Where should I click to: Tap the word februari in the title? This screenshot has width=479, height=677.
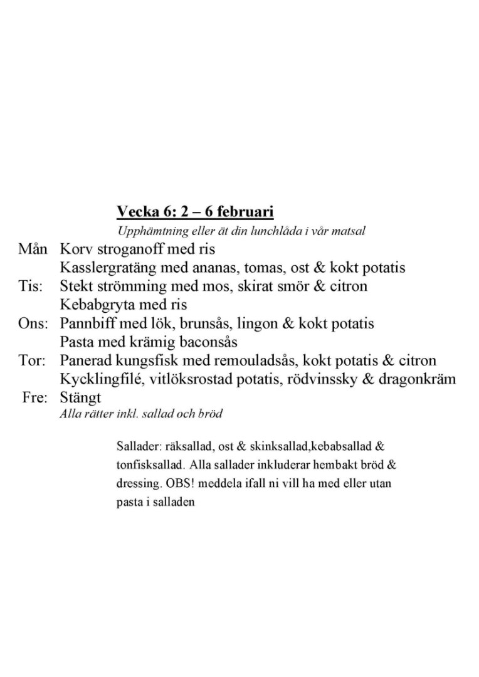(243, 211)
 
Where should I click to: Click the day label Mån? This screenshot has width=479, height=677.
(33, 249)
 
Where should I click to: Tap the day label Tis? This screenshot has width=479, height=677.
(30, 286)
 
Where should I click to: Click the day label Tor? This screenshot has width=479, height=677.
(31, 361)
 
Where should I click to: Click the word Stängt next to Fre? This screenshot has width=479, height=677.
(80, 398)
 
